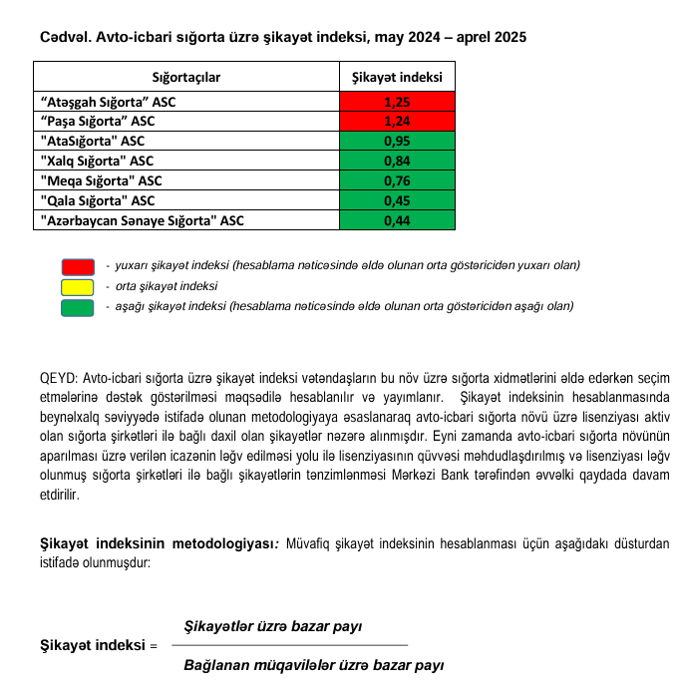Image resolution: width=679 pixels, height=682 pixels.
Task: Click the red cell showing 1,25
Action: [397, 102]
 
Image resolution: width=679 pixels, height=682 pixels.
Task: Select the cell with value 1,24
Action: [397, 122]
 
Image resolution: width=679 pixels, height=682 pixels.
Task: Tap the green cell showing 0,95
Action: [397, 142]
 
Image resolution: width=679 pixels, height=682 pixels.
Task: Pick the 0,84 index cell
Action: [397, 161]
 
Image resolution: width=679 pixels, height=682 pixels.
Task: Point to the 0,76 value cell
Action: [397, 180]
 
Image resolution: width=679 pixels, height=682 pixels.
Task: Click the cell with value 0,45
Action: [397, 200]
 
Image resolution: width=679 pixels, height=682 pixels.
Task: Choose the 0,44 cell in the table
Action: [397, 220]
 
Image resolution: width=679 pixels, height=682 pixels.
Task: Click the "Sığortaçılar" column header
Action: [186, 76]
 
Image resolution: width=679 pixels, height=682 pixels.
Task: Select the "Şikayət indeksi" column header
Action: [397, 76]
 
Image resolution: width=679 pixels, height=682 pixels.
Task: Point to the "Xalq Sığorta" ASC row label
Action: [96, 161]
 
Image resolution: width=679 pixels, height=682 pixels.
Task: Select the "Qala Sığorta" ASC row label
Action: [96, 200]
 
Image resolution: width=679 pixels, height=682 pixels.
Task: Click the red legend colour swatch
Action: [77, 266]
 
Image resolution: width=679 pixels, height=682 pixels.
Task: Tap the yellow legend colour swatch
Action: [77, 286]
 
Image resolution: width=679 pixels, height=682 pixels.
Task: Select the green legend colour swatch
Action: [77, 306]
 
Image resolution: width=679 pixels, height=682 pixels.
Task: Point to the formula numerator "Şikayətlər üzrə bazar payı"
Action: [273, 626]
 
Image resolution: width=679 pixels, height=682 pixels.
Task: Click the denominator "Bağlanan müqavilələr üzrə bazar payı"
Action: [314, 664]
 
